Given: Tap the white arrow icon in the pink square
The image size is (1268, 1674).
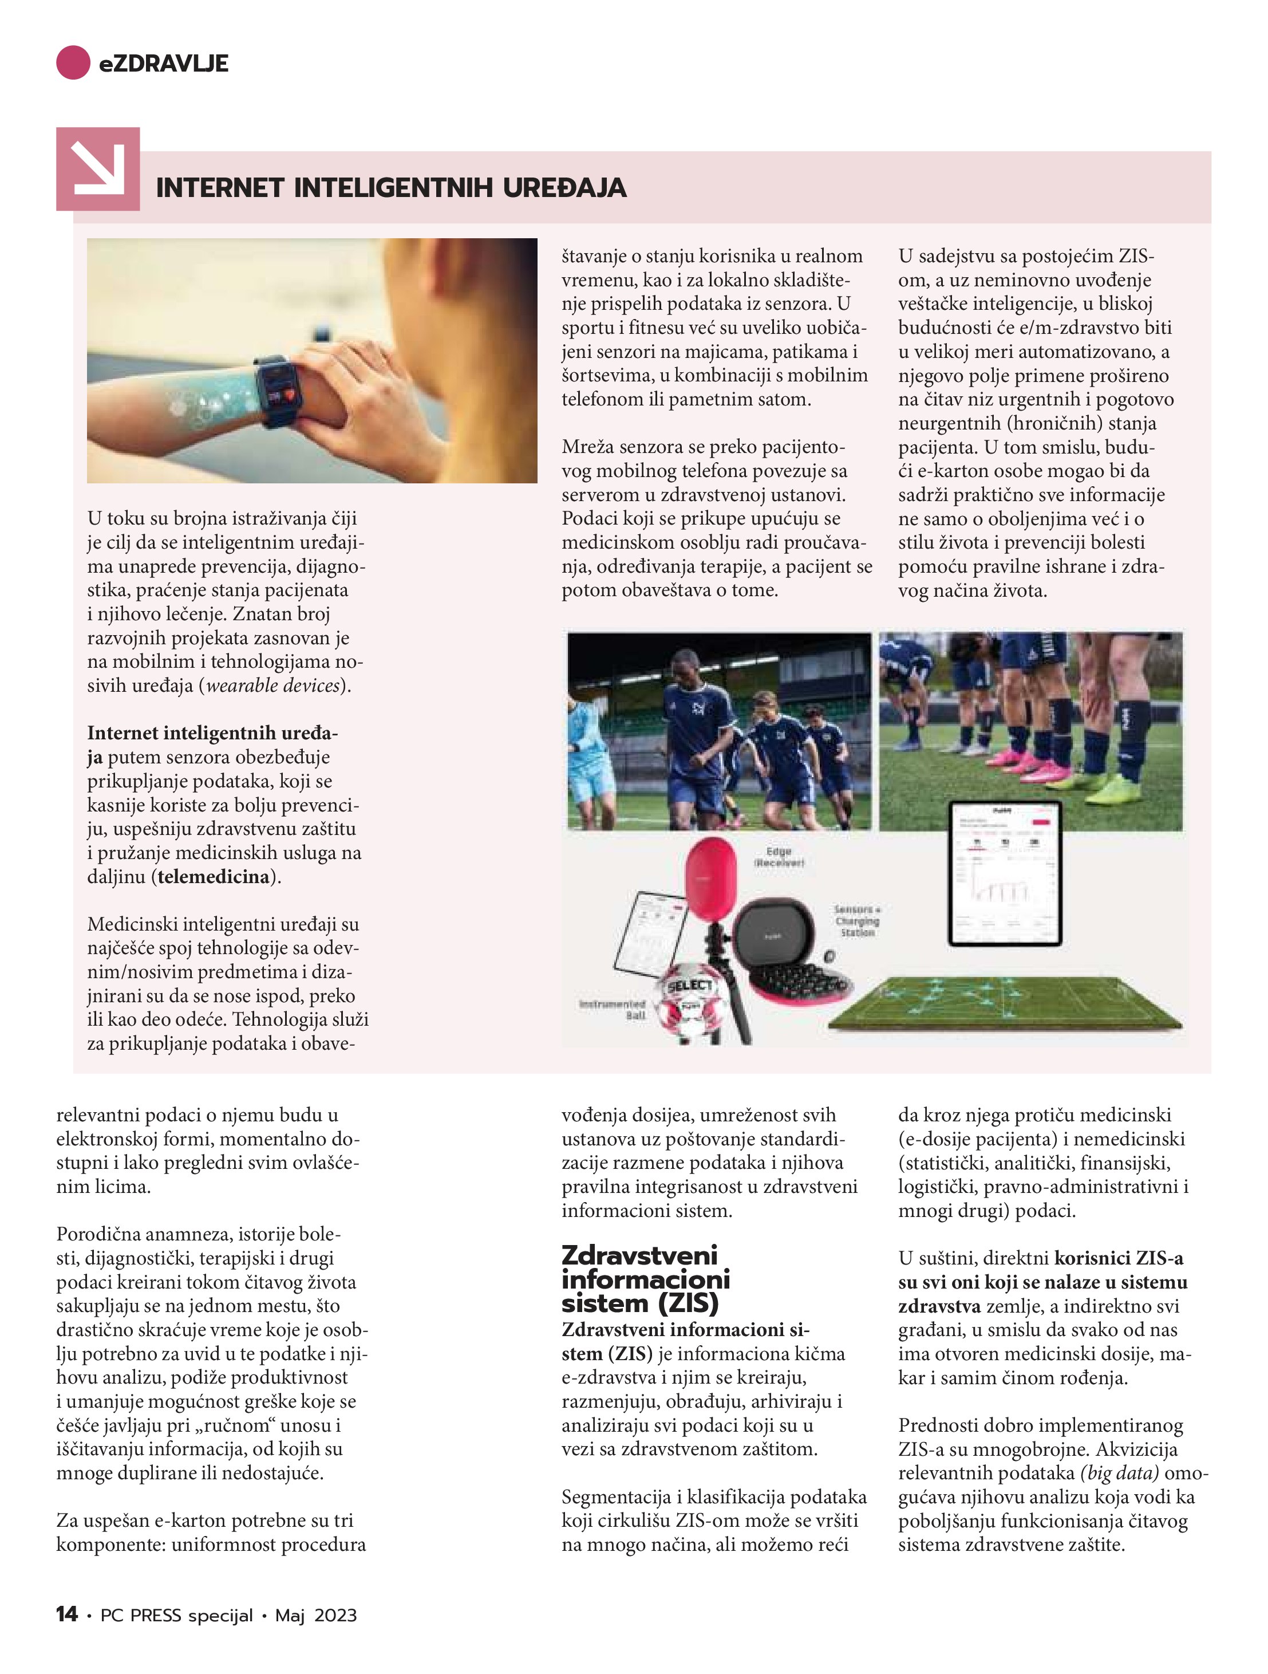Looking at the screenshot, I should pos(97,169).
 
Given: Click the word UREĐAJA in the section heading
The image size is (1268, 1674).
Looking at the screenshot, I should pos(564,188).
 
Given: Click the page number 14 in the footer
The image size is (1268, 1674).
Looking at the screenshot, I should pos(66,1614).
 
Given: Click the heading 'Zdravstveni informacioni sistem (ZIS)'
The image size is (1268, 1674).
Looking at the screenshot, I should pos(645,1279).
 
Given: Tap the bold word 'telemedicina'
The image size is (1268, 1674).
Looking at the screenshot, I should pos(214,876).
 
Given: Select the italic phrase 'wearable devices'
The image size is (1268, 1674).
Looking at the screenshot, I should pos(272,686).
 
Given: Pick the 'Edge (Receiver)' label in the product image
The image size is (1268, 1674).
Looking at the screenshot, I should pos(779,857).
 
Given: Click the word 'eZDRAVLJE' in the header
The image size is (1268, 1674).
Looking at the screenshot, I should pos(163,64).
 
